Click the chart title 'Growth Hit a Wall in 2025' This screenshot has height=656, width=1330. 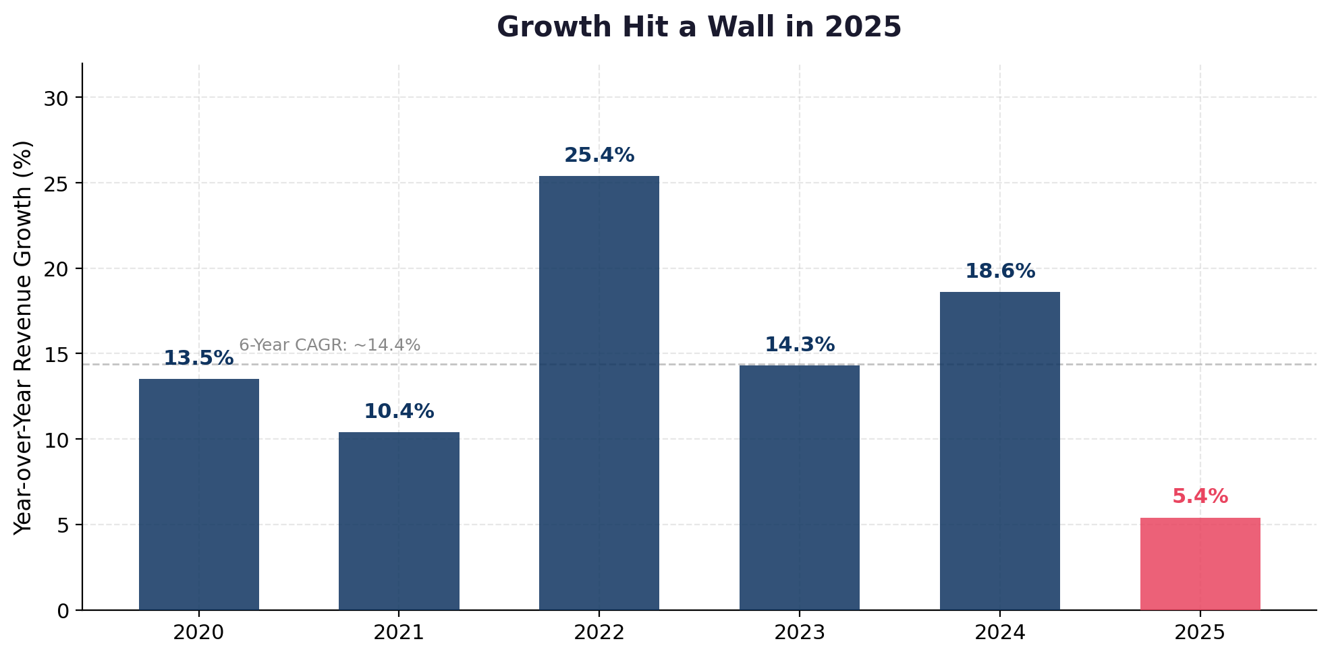699,28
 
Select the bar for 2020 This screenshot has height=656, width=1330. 199,494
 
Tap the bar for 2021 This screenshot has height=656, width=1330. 399,521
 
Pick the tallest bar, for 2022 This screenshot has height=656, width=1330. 599,393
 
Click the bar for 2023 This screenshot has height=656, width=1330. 800,487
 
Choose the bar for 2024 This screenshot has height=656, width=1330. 1000,451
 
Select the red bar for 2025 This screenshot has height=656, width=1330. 1200,564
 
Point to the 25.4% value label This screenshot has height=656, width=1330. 599,156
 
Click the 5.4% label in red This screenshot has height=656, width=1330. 1200,497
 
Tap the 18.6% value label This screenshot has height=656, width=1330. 1000,272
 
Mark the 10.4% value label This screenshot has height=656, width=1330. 399,412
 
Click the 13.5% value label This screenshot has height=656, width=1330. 199,359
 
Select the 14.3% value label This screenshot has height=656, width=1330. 800,345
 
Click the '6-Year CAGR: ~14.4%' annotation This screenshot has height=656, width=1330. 330,345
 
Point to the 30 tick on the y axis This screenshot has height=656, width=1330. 57,98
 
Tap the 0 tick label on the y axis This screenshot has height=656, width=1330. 63,611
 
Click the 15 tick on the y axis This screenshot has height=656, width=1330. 57,355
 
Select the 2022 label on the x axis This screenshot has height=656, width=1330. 599,632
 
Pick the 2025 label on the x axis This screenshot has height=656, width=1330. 1200,632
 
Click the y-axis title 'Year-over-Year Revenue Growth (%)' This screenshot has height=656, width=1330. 24,337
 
